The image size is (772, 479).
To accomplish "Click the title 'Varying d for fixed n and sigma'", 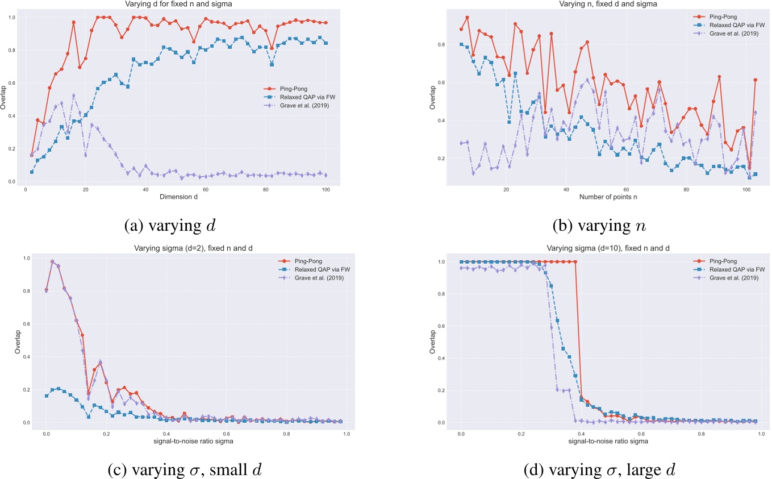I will pos(182,5).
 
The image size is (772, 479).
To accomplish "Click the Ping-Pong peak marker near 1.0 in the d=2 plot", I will pos(52,262).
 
